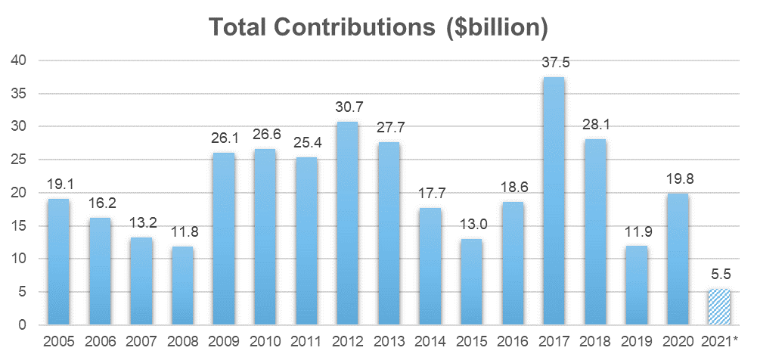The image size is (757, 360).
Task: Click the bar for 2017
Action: [x=553, y=201]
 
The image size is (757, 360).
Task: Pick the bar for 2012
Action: [x=347, y=224]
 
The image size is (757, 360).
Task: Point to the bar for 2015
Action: [x=470, y=282]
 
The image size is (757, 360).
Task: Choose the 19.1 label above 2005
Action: [x=59, y=185]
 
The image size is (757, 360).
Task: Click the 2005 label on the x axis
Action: [x=59, y=341]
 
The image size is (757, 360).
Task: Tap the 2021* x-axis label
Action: [x=718, y=341]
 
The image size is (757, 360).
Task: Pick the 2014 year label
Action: [x=430, y=341]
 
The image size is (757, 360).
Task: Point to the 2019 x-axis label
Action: [x=635, y=341]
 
